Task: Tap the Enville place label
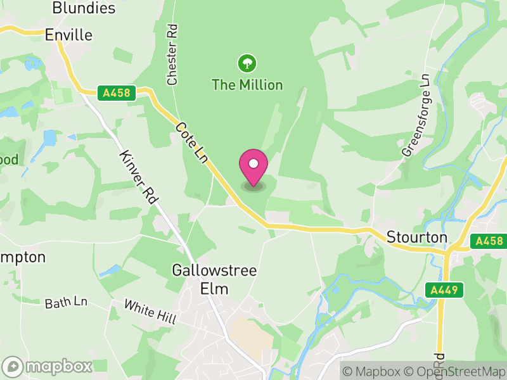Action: pos(69,35)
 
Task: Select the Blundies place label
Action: pos(84,8)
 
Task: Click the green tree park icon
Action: pos(247,63)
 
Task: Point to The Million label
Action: pos(247,84)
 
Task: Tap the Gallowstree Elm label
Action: pos(214,279)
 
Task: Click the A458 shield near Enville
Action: pos(116,93)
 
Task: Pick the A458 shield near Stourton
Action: pos(489,241)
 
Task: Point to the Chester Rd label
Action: pos(172,55)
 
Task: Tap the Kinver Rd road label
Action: pos(138,177)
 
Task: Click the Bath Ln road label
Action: pos(66,303)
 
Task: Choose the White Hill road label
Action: pos(150,313)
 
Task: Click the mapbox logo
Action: pos(48,366)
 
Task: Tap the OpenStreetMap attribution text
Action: pos(456,371)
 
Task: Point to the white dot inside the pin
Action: pos(253,163)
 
